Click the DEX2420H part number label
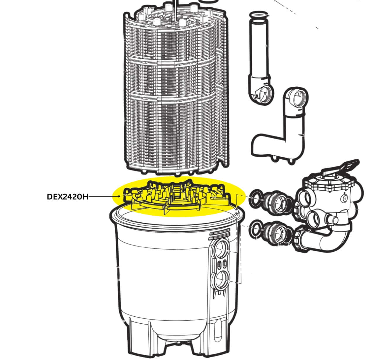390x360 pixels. click(67, 197)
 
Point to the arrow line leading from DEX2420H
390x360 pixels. click(105, 197)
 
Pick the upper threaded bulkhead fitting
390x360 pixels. click(277, 201)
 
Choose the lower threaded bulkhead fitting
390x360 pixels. click(277, 233)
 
